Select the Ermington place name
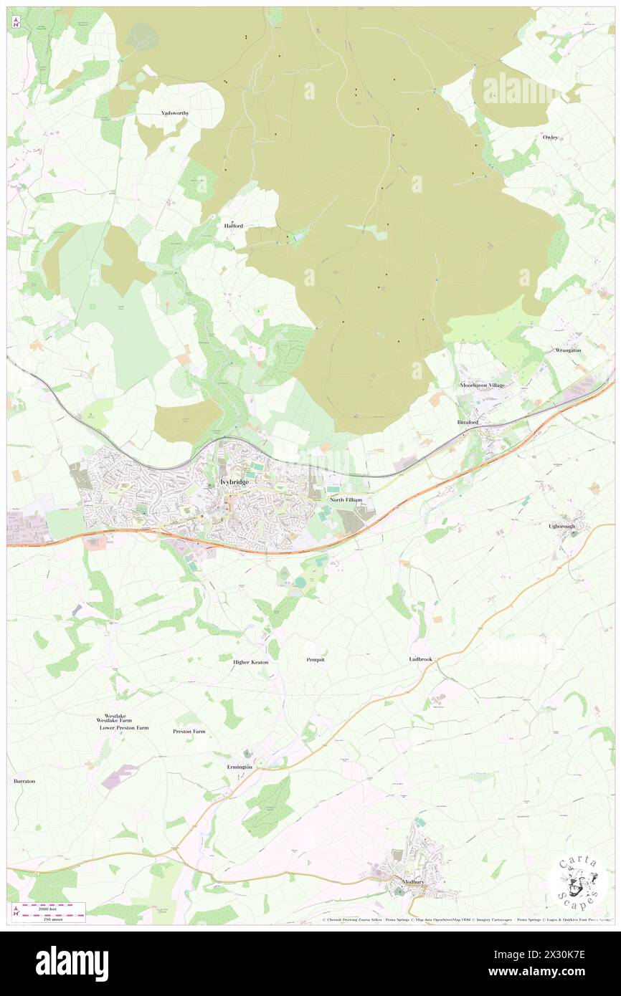tap(240, 767)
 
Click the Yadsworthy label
tap(174, 113)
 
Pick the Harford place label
tap(233, 226)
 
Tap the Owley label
tap(550, 136)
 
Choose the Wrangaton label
tap(572, 350)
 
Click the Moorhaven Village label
tap(482, 386)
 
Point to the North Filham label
tap(346, 499)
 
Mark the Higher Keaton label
tap(251, 662)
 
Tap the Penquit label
tap(316, 659)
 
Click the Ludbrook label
tap(421, 659)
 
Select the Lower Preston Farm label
tap(124, 727)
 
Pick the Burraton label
tap(24, 780)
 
